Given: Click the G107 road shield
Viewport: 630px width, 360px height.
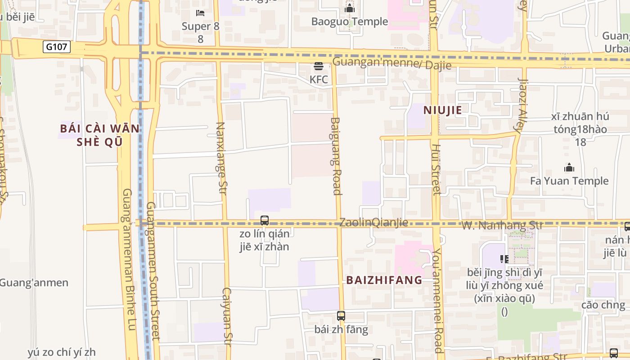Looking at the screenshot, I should [x=57, y=46].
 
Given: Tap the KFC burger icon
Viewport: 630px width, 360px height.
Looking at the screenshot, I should [x=319, y=67].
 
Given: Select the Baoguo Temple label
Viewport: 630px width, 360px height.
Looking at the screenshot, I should [x=350, y=21].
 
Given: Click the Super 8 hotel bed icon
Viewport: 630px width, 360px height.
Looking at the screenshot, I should [x=200, y=13].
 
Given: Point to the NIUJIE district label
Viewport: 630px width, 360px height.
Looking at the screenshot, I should [x=443, y=110].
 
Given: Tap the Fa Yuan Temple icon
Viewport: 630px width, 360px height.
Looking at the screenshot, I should [x=569, y=168].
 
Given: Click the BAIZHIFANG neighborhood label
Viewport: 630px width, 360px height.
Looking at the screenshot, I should [x=384, y=280].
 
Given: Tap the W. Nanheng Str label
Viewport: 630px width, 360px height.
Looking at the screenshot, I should [x=503, y=225].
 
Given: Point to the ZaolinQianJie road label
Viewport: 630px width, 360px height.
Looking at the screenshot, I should [x=373, y=222].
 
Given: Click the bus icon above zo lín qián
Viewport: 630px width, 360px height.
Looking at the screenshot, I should [x=265, y=220].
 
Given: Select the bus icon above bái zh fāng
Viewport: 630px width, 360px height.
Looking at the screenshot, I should [x=341, y=316].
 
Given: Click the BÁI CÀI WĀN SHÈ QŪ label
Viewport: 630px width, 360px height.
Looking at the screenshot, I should [x=99, y=135].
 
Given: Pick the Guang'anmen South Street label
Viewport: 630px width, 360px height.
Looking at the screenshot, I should [x=153, y=270].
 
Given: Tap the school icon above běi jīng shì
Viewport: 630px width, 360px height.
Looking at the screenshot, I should [x=504, y=259].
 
